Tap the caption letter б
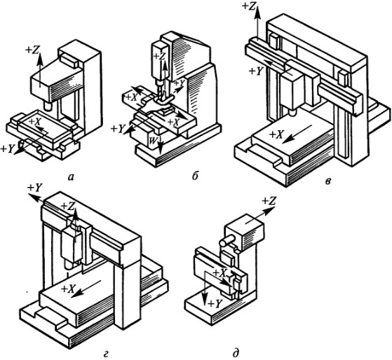point(195,176)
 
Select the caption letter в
point(329,181)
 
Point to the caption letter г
point(106,354)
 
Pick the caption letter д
point(236,354)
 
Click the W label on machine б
point(152,141)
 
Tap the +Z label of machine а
point(32,50)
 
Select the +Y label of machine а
point(7,149)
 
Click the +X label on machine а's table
point(35,121)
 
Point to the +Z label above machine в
point(249,6)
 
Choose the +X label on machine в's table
point(276,134)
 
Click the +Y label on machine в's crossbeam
point(257,71)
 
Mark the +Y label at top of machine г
point(35,188)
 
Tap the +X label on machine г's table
point(68,289)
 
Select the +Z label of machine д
point(269,201)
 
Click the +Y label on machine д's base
point(215,304)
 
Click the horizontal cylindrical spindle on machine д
point(227,240)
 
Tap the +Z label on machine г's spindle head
point(68,206)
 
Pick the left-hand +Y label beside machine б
point(118,129)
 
